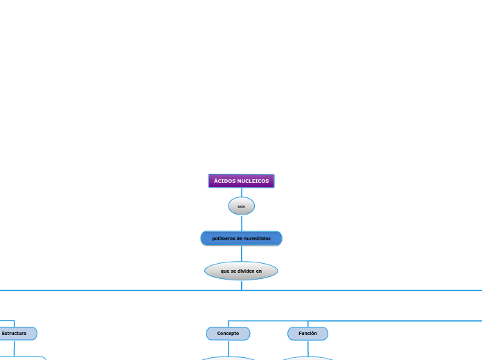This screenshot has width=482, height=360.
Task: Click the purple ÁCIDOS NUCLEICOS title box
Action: click(x=241, y=181)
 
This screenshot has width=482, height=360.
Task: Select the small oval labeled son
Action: click(x=241, y=206)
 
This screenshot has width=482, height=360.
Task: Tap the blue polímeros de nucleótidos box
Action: click(x=241, y=238)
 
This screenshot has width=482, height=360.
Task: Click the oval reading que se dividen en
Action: click(x=241, y=271)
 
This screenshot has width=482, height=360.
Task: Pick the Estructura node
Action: click(x=15, y=334)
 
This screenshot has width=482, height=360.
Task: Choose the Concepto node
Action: click(x=228, y=334)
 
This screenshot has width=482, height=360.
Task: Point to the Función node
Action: click(x=307, y=334)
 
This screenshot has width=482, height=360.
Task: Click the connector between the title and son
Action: click(x=241, y=192)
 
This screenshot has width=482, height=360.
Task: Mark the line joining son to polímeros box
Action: click(x=241, y=223)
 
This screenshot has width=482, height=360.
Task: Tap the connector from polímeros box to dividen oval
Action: click(x=241, y=253)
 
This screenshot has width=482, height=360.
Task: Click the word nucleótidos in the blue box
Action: click(x=256, y=238)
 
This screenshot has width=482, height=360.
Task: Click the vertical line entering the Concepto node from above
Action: click(x=228, y=323)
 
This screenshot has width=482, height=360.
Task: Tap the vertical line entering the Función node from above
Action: click(x=307, y=323)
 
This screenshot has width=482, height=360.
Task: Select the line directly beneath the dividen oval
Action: click(x=241, y=285)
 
